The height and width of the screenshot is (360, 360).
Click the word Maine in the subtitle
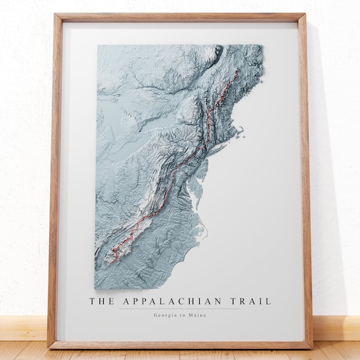click(197, 316)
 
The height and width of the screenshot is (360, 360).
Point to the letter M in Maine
click(190, 316)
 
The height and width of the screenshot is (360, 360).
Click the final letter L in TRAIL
click(268, 301)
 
